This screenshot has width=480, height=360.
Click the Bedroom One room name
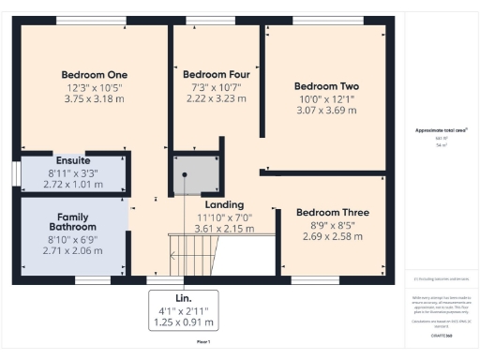click(94, 75)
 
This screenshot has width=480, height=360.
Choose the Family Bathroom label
click(72, 221)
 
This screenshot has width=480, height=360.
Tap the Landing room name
click(223, 204)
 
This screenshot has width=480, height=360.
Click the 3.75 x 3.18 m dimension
click(94, 98)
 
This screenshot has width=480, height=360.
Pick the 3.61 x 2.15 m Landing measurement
click(223, 228)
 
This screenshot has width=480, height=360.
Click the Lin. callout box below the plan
click(184, 310)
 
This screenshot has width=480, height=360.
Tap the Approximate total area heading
click(441, 129)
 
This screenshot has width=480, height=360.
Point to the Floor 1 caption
click(203, 344)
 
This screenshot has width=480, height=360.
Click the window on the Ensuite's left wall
click(16, 174)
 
